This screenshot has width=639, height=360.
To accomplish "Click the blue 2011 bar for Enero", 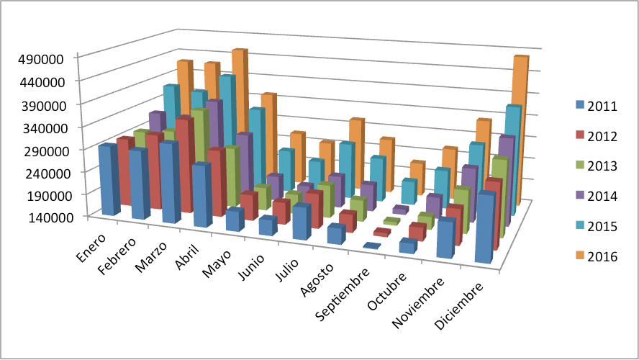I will pyautogui.click(x=109, y=180).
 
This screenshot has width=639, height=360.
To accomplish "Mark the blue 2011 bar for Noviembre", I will pyautogui.click(x=446, y=239).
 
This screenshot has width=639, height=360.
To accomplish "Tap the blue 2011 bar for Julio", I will pyautogui.click(x=302, y=223).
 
